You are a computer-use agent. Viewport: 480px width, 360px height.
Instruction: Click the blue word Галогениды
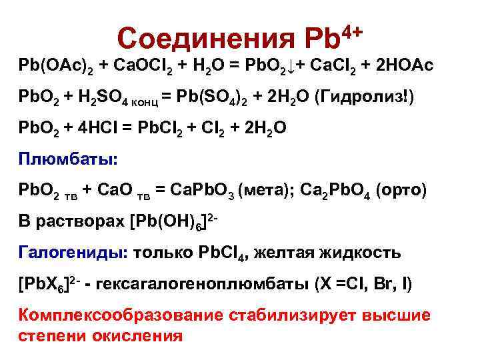73,254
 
